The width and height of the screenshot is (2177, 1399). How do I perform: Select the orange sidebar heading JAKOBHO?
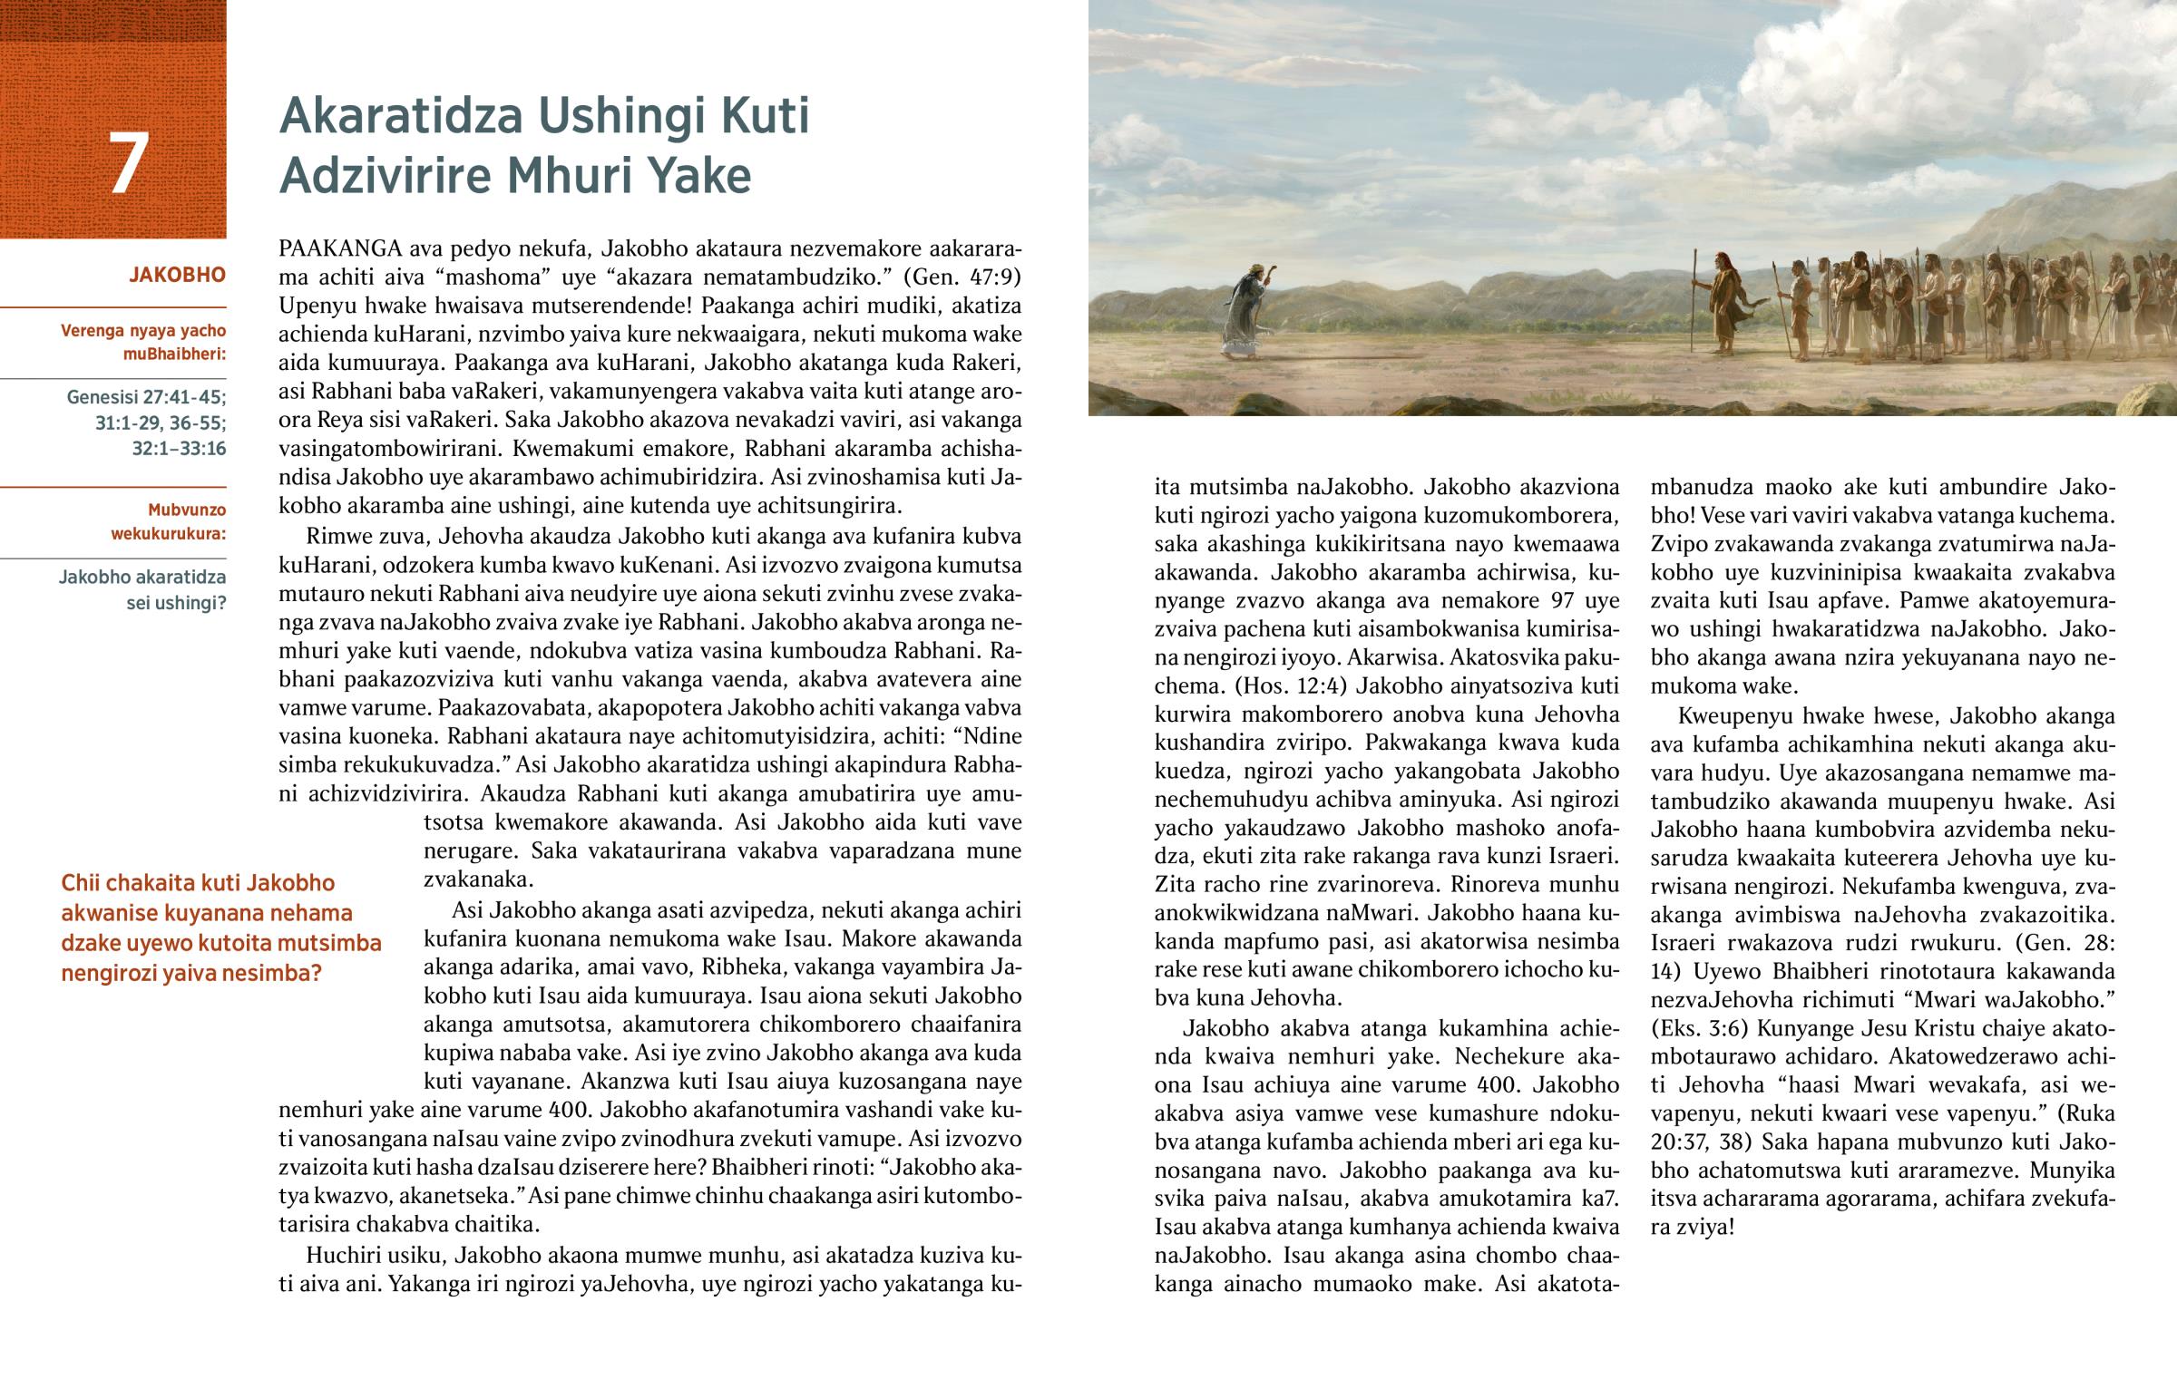pos(177,276)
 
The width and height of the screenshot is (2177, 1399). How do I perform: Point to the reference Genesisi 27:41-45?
pos(146,397)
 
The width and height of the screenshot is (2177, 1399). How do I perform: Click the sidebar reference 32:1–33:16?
pos(178,449)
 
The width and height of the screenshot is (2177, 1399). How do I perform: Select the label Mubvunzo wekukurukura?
pos(168,521)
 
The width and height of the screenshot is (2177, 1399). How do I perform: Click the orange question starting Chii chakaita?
pos(220,928)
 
